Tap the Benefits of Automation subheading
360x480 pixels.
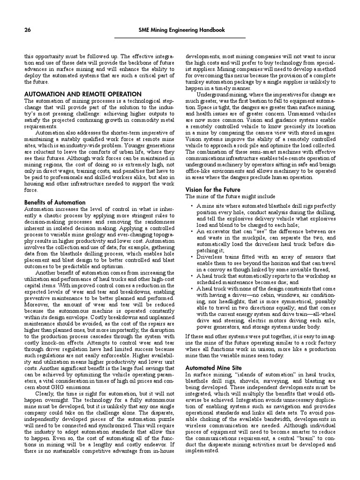point(55,202)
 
